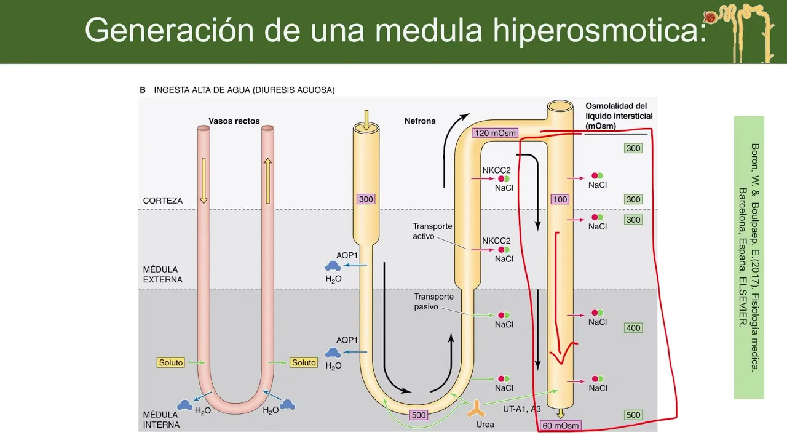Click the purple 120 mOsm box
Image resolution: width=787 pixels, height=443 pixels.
495,133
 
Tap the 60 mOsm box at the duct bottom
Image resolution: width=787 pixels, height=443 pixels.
561,425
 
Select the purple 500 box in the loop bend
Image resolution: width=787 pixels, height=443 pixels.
418,415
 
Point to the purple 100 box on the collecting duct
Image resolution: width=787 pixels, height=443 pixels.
560,199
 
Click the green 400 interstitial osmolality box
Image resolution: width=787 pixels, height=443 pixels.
633,328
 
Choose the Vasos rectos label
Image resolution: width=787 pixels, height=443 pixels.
234,121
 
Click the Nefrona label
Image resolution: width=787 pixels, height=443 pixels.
420,121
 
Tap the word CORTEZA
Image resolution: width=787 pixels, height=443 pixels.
163,201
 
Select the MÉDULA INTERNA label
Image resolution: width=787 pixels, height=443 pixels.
161,420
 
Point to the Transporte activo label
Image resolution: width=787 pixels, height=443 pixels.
432,231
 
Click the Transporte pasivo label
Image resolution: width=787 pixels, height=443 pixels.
433,301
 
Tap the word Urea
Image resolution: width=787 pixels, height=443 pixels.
485,425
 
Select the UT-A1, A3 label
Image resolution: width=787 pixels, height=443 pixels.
521,409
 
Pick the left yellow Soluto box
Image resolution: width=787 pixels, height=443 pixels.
171,362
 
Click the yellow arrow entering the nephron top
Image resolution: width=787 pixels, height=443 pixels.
365,119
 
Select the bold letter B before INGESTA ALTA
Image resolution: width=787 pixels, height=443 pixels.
143,90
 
